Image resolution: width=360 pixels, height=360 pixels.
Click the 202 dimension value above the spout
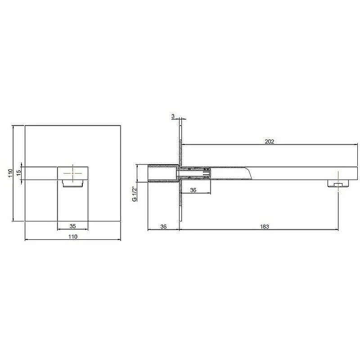(269, 141)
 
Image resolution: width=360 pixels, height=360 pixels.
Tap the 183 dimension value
(264, 226)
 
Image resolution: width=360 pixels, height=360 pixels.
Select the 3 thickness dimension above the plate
(173, 117)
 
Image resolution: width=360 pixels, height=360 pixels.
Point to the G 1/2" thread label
(134, 194)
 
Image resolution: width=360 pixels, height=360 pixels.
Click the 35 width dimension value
(72, 226)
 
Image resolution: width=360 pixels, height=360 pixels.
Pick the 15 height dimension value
(18, 173)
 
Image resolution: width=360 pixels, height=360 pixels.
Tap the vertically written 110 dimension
(10, 173)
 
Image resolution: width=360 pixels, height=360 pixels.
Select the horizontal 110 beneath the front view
(73, 236)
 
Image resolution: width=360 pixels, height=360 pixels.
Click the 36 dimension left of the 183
(163, 226)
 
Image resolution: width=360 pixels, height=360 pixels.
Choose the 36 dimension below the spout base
(193, 190)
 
